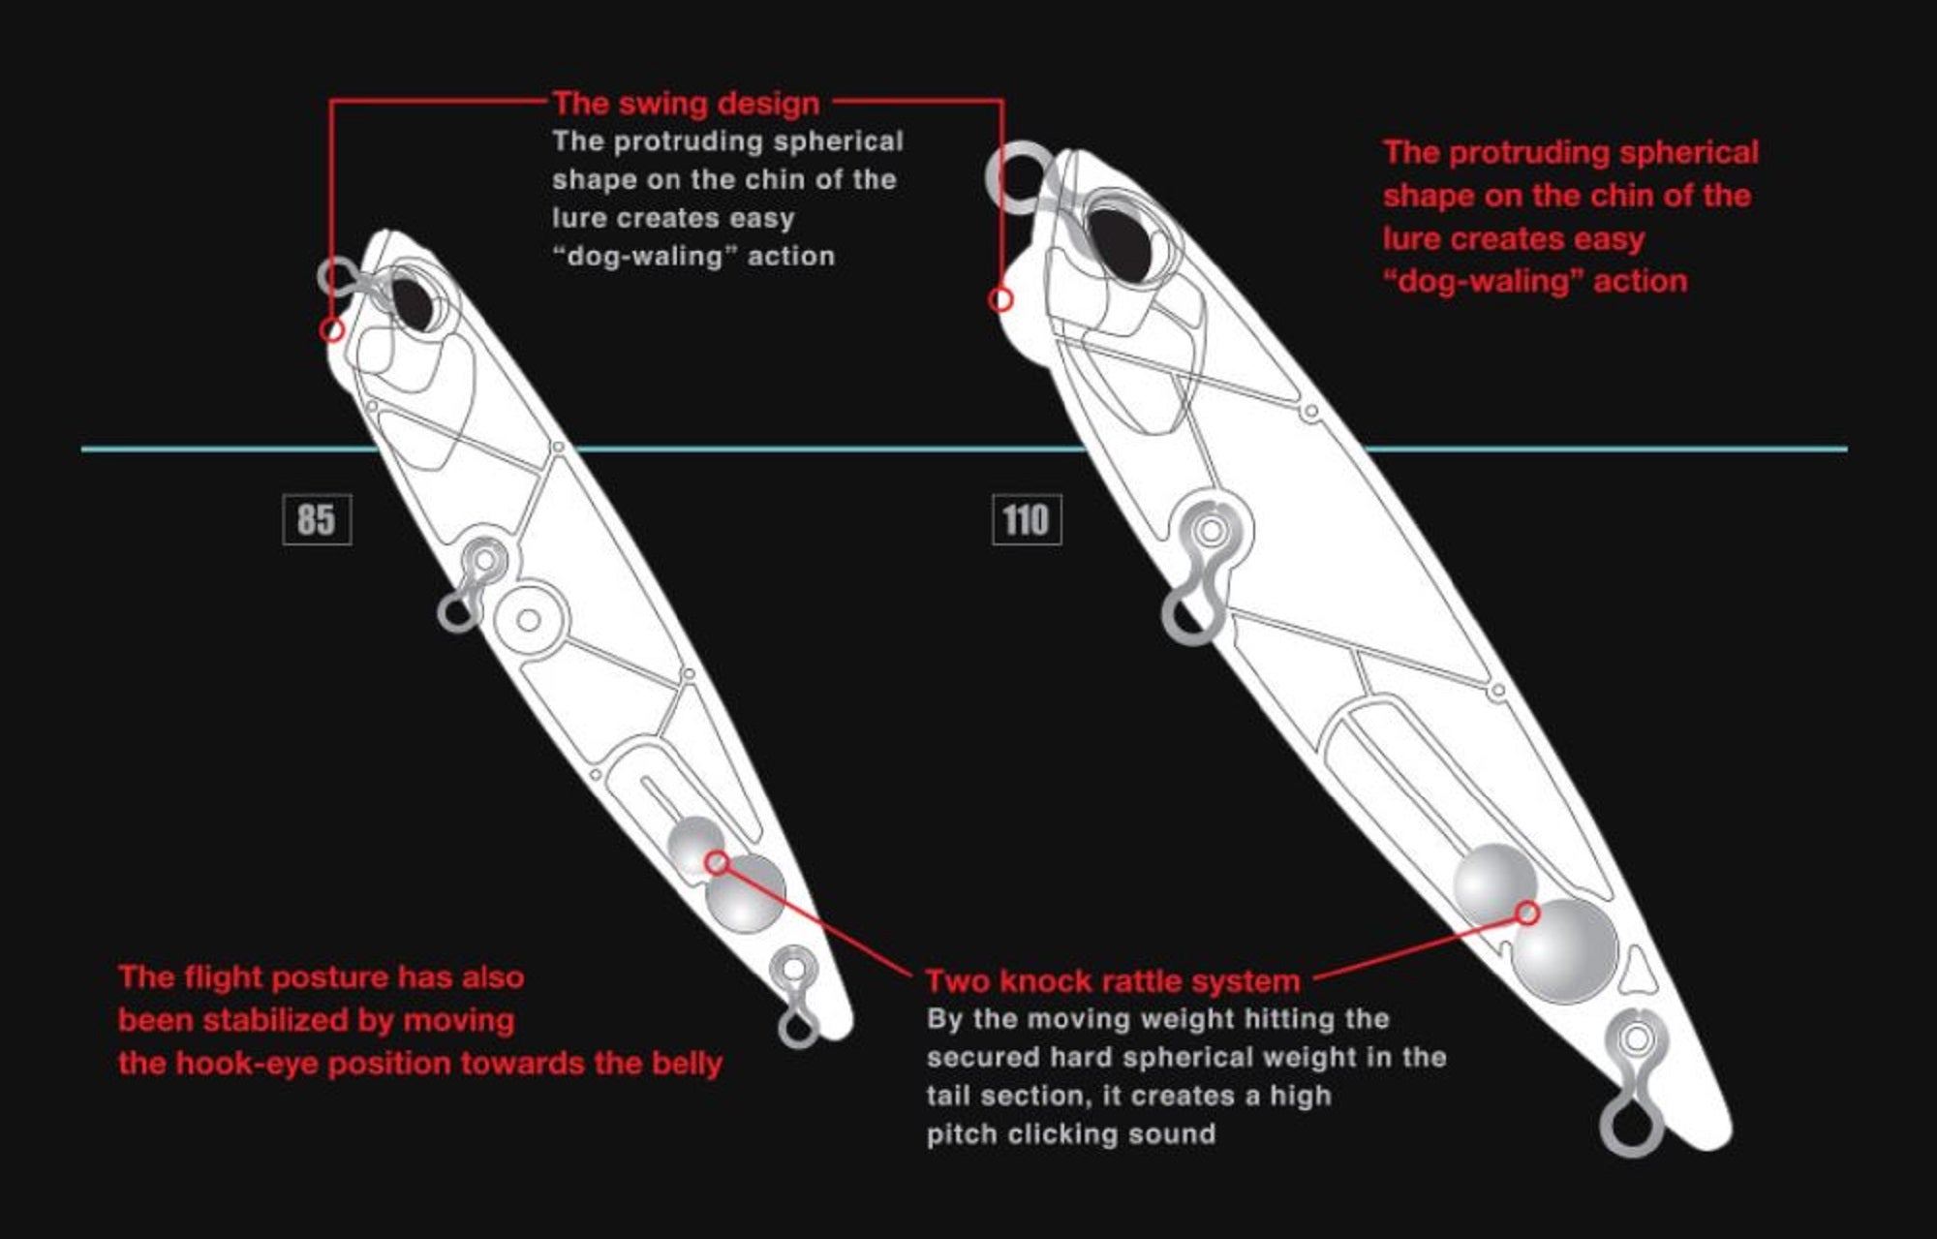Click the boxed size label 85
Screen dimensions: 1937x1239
(317, 519)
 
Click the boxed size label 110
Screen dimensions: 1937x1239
(1027, 519)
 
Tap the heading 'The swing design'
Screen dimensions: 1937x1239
(686, 103)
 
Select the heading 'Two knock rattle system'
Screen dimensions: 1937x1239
(1113, 980)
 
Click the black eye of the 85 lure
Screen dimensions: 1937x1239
(412, 301)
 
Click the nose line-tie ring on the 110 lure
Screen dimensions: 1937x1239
(1021, 177)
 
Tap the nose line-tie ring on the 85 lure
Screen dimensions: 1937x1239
(339, 276)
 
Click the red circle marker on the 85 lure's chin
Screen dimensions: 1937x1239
(332, 330)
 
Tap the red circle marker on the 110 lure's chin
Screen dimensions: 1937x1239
(1000, 300)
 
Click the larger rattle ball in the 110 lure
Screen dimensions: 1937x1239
(1564, 950)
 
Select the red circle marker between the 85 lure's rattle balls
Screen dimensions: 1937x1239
(717, 862)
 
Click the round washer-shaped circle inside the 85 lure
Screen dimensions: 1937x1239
(529, 620)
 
